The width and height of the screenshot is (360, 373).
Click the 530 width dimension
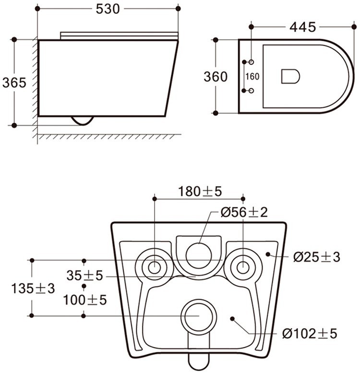[108, 9]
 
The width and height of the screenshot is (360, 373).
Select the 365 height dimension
[14, 83]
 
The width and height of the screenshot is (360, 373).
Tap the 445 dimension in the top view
[302, 27]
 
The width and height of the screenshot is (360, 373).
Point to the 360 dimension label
[216, 77]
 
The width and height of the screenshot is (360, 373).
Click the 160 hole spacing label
[252, 77]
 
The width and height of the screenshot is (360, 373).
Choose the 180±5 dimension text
[200, 191]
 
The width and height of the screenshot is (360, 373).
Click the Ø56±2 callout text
[244, 212]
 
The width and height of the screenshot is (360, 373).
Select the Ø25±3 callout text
[317, 257]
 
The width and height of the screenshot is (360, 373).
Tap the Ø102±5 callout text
[310, 333]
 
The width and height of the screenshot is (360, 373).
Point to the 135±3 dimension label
[33, 289]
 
